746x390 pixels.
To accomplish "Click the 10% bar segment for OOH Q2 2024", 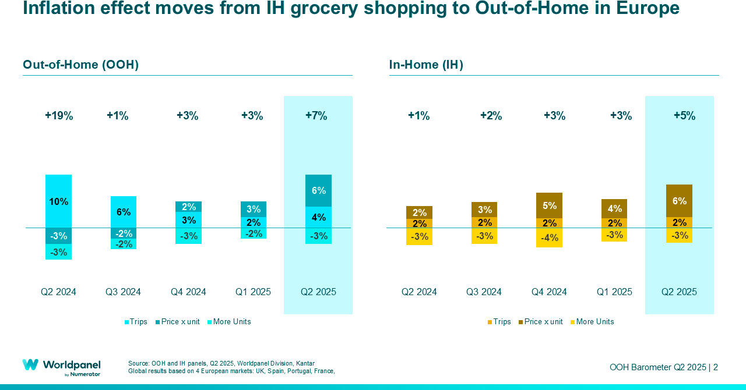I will click(x=58, y=201).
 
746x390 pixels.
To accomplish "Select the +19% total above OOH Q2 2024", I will click(x=59, y=116).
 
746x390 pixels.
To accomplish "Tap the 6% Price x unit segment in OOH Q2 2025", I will click(x=318, y=190).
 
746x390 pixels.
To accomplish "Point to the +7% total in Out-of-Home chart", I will click(x=316, y=116).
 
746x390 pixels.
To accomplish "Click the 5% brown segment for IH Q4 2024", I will click(x=550, y=205).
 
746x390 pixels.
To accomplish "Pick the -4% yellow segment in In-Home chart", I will click(x=550, y=237).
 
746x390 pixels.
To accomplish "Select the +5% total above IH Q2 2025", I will click(x=684, y=116).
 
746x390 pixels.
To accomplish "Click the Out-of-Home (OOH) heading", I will click(x=80, y=65).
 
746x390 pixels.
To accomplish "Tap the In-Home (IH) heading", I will click(x=426, y=65).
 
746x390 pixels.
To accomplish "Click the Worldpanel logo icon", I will click(x=30, y=364).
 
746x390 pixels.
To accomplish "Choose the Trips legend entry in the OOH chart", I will click(x=136, y=322).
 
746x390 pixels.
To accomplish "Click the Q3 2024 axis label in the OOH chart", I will click(x=123, y=292).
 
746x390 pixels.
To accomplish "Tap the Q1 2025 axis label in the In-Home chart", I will click(x=614, y=292).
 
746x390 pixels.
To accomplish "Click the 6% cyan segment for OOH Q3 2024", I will click(x=123, y=212).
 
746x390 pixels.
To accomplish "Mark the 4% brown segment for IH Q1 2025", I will click(x=614, y=208).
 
